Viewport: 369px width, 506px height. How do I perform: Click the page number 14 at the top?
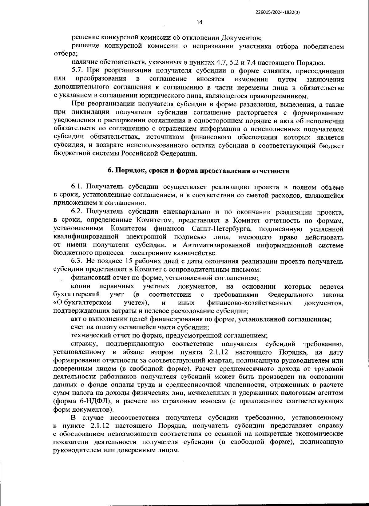pos(199,22)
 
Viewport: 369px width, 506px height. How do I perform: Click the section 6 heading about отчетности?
pos(199,171)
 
